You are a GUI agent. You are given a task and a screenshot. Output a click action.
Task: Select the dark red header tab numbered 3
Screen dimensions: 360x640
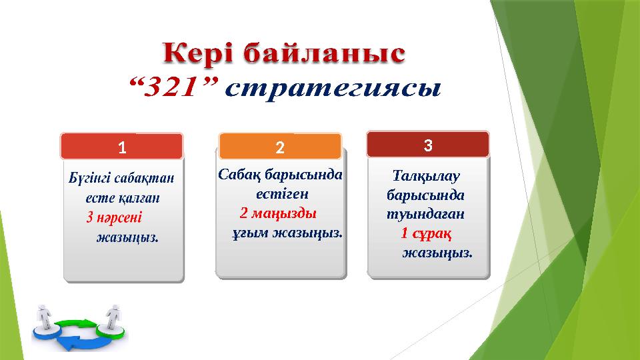(x=429, y=144)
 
